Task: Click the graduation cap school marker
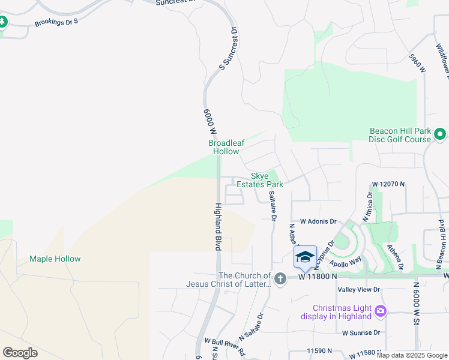(x=305, y=256)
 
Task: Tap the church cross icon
(x=280, y=279)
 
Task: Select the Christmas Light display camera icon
(x=380, y=310)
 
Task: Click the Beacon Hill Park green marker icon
(x=440, y=134)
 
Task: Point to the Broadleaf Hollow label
(x=224, y=147)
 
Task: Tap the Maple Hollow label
(x=55, y=259)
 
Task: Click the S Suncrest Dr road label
(x=229, y=49)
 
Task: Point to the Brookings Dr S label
(x=56, y=21)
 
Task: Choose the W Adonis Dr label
(x=318, y=221)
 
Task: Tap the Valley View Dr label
(x=360, y=289)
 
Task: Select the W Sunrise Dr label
(x=361, y=332)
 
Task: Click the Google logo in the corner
(x=20, y=353)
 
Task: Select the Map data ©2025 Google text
(x=412, y=355)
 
